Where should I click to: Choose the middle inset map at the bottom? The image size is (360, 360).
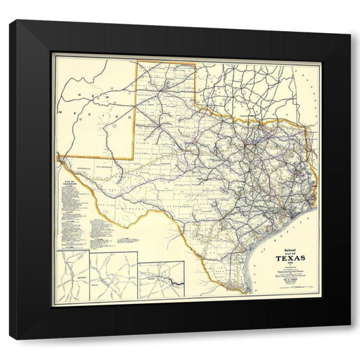coord(113,277)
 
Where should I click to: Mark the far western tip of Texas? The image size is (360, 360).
coord(60,159)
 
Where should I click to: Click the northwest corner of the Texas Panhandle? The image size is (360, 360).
coord(138,62)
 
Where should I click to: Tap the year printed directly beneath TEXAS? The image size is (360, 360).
coord(289,265)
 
